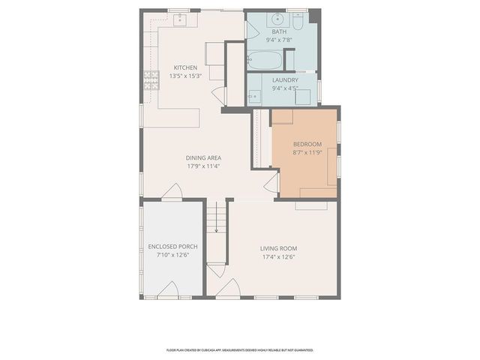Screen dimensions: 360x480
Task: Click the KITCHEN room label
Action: pos(185,67)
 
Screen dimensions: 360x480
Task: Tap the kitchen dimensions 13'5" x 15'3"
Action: pos(185,76)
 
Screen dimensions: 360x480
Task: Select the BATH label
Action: pos(280,31)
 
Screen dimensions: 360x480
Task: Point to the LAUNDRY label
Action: pos(285,79)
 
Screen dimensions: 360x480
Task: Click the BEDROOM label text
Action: pos(307,144)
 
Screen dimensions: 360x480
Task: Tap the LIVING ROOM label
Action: pos(279,248)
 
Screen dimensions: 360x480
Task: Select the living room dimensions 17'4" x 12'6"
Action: pos(279,257)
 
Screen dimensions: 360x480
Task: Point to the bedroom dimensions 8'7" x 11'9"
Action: pos(307,152)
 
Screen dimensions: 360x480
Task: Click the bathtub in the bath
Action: pos(265,60)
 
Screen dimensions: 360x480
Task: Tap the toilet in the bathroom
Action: pos(297,22)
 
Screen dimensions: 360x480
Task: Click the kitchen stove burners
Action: pos(150,76)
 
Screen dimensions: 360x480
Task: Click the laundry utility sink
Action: pos(255,95)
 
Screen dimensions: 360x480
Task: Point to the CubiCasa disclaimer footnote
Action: pos(240,349)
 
